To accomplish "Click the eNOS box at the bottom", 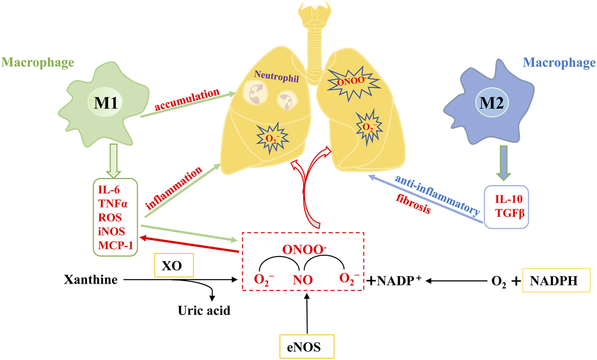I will [x=306, y=347].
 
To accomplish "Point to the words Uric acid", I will [x=204, y=310].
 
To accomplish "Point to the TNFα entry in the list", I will [x=113, y=204].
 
